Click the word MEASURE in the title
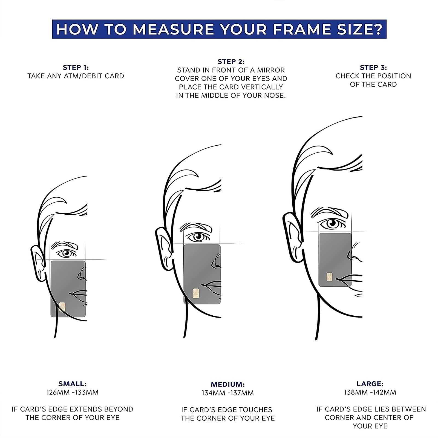[173, 29]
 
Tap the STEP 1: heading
[76, 67]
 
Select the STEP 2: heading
[231, 62]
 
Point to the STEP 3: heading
[373, 67]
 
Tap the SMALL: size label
[73, 384]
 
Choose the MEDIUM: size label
[228, 384]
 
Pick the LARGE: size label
[370, 384]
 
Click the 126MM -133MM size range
[73, 392]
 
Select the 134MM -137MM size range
[228, 393]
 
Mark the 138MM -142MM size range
[370, 392]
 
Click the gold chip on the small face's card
[62, 307]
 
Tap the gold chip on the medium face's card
[196, 293]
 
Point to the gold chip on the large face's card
[330, 277]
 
